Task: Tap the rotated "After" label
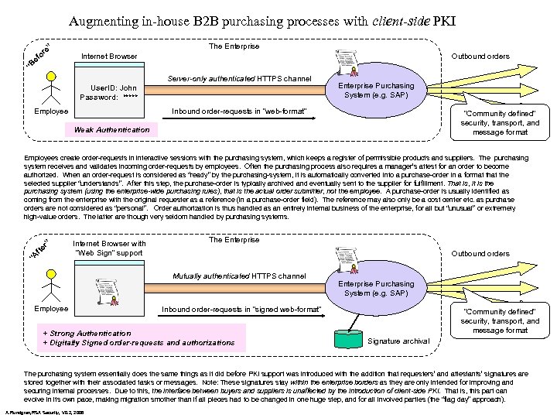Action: [41, 249]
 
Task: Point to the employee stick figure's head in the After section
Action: [51, 272]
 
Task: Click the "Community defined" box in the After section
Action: [500, 320]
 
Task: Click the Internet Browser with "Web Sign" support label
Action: [108, 248]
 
